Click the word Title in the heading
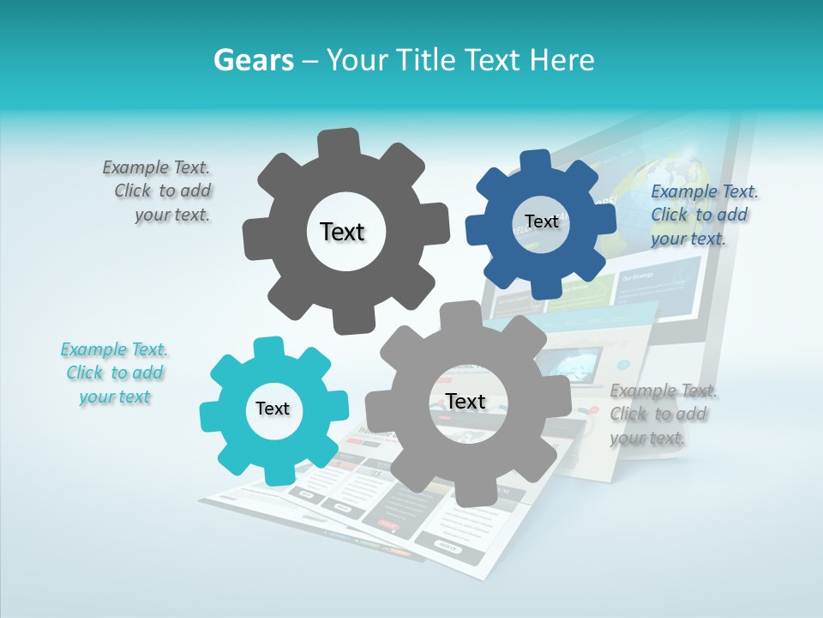(x=425, y=60)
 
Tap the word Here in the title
(x=562, y=60)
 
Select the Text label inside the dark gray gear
(x=342, y=232)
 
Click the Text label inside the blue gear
(x=541, y=221)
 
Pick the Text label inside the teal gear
(x=273, y=409)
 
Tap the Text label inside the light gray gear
(x=466, y=401)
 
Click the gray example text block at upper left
(x=158, y=191)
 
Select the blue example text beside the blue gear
(x=703, y=215)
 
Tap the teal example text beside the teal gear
(x=115, y=373)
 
